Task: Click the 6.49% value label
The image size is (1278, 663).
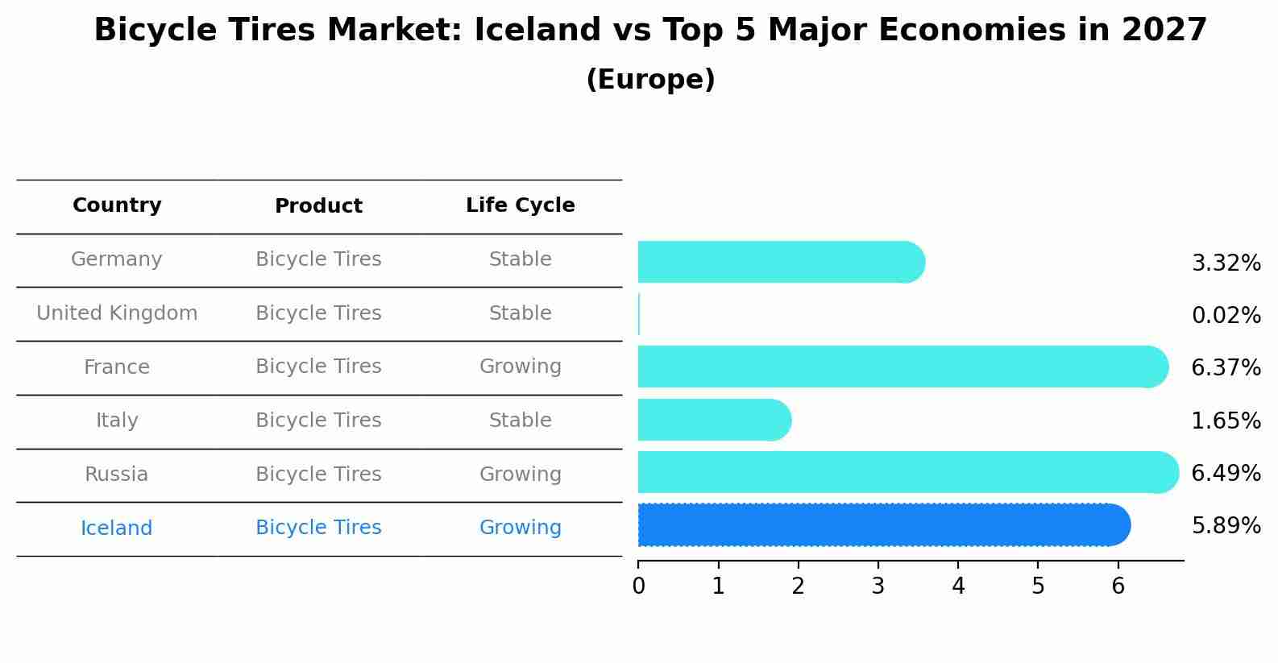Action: [1226, 473]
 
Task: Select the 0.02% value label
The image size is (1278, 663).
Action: [1226, 315]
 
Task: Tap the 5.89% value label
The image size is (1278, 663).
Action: [1226, 526]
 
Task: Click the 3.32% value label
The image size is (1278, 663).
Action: [1226, 263]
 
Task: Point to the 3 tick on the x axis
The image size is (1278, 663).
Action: [878, 586]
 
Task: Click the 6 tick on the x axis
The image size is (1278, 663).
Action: [1118, 586]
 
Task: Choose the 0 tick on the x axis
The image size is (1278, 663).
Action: [639, 586]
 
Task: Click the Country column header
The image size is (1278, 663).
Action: [117, 205]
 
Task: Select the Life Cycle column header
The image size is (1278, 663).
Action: [520, 205]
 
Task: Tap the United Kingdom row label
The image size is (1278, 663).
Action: [117, 313]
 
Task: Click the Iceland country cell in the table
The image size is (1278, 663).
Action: [117, 528]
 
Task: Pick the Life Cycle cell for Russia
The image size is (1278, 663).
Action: [520, 474]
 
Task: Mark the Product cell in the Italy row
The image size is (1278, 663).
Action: [318, 421]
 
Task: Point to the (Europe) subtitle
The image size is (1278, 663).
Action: [650, 80]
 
